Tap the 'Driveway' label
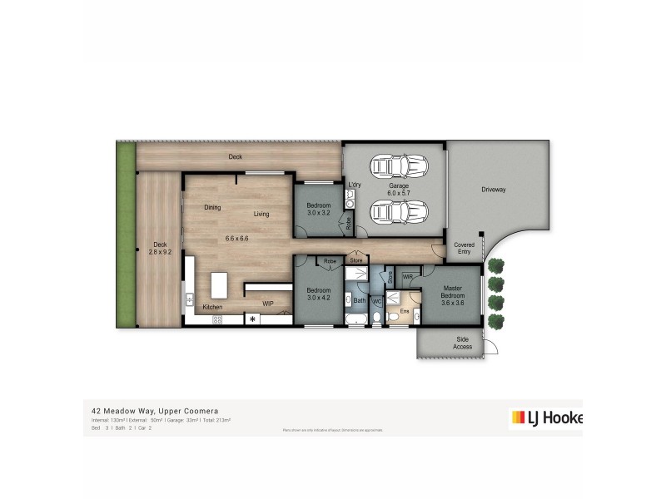click(493, 190)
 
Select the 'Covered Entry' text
click(464, 248)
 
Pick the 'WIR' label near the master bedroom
click(408, 276)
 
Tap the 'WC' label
click(376, 300)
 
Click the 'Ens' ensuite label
click(405, 311)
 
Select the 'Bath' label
click(360, 299)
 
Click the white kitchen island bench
click(221, 284)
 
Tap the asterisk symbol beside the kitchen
click(252, 319)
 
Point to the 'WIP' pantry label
click(268, 304)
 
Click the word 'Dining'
click(211, 207)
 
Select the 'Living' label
click(261, 215)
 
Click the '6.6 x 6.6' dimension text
click(237, 239)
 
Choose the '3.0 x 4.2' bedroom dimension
click(318, 297)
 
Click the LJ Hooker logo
click(545, 417)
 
